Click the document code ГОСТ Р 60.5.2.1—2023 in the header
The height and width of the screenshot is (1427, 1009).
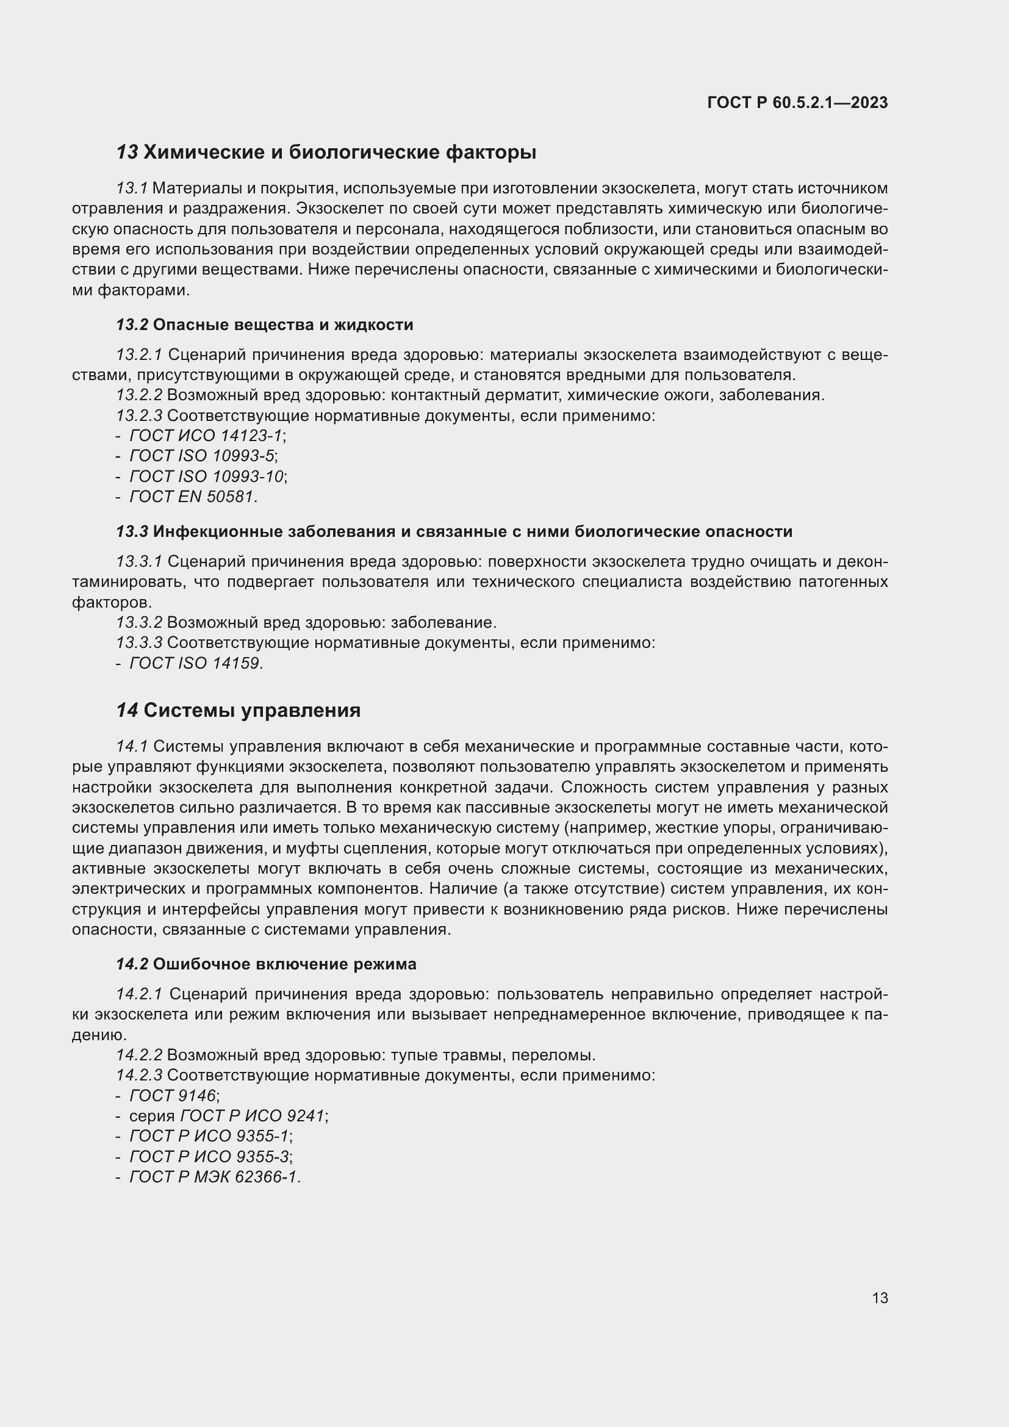click(797, 103)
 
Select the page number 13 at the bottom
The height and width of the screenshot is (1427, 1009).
click(880, 1298)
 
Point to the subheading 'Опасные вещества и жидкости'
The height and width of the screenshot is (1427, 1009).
click(282, 325)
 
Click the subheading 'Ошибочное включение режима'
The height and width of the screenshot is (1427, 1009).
click(284, 964)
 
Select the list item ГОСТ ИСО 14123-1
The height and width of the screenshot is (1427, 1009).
click(205, 436)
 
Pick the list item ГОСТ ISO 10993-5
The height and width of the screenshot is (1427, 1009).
click(201, 456)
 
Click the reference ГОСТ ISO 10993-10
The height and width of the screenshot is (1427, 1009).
click(206, 476)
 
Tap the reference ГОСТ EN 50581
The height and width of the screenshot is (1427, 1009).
click(192, 497)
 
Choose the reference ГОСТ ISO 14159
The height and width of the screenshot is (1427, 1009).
click(195, 663)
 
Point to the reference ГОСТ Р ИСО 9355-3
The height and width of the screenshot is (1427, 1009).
click(209, 1157)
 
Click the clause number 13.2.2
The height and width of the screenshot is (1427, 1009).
click(139, 395)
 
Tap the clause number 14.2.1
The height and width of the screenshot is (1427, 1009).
click(139, 994)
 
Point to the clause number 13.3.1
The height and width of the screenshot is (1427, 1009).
click(139, 562)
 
